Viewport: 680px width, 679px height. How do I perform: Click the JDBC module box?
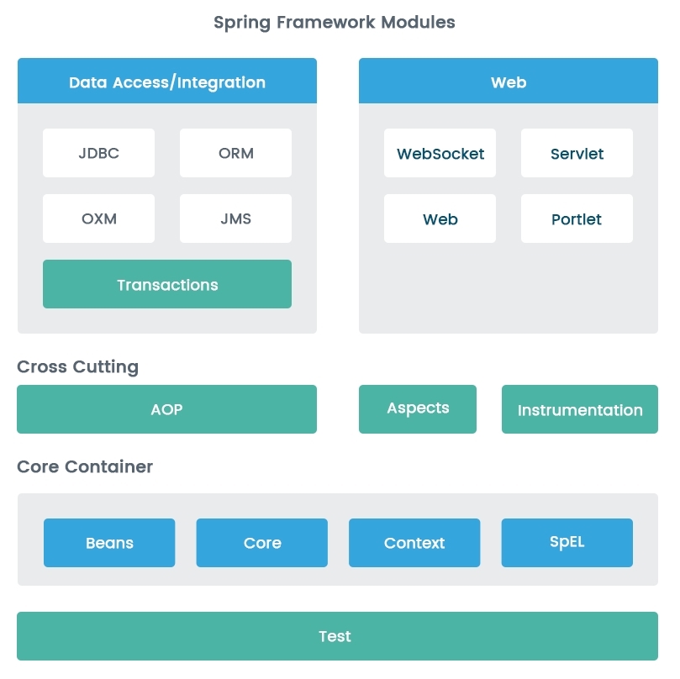coord(98,153)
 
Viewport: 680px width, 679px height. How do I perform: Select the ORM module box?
coord(235,153)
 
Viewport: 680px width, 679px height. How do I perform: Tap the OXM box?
coord(98,218)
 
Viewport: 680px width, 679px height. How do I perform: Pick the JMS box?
coord(235,218)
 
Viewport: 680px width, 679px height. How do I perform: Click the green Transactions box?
coord(167,284)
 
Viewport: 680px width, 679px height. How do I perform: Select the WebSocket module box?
coord(440,153)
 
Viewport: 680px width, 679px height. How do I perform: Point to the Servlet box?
coord(577,153)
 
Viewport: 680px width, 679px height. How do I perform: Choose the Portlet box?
coord(577,218)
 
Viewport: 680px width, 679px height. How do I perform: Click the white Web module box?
coord(440,218)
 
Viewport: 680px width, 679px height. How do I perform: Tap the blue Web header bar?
coord(509,81)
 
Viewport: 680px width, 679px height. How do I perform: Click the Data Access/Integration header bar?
coord(167,81)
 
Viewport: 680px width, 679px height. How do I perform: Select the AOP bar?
coord(167,409)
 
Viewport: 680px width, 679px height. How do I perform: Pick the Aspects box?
coord(418,409)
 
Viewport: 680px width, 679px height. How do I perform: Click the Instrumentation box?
coord(580,409)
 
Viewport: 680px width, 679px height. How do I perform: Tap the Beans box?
coord(109,543)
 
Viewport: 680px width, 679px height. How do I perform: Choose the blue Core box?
coord(262,543)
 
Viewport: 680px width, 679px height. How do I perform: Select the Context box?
coord(414,543)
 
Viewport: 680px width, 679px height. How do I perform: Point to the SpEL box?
coord(567,543)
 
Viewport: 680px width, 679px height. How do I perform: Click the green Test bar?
coord(337,636)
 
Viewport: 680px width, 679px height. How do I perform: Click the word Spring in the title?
coord(242,23)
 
